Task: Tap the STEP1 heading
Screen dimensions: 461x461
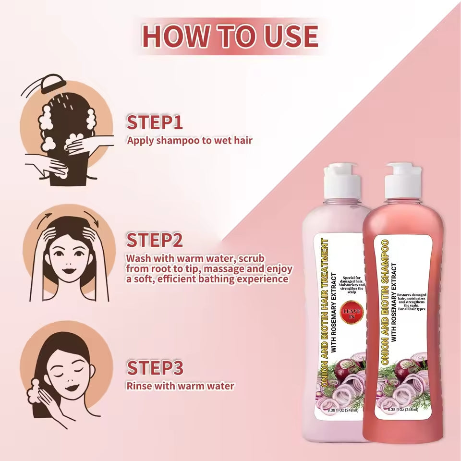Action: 155,121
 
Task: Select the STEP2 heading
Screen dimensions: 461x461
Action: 155,240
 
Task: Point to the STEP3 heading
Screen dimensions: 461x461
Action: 155,368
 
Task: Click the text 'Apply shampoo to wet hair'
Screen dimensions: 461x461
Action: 189,141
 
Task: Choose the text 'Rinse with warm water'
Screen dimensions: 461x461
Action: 180,386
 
